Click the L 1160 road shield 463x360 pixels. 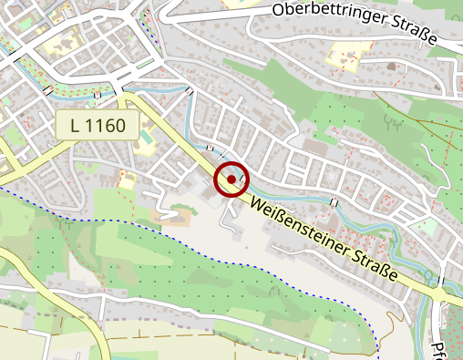(x=97, y=125)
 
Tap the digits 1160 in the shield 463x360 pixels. (x=108, y=125)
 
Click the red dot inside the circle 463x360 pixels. (x=232, y=180)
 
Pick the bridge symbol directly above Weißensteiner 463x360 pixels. (x=334, y=201)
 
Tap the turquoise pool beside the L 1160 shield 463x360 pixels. (x=143, y=143)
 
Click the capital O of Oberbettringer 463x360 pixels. (x=279, y=10)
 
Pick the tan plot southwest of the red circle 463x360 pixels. (x=179, y=219)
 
